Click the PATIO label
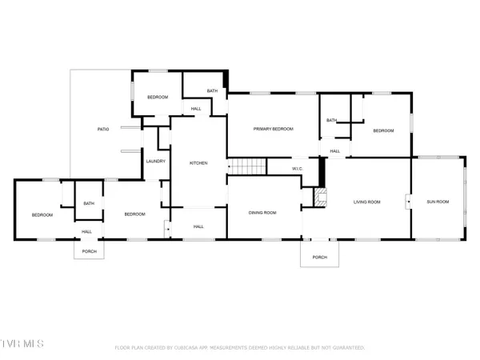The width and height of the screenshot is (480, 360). (x=103, y=130)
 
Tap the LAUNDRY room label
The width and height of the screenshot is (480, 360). (x=156, y=162)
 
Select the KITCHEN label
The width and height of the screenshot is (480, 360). (x=198, y=163)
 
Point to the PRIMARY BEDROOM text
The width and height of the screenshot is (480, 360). (x=274, y=129)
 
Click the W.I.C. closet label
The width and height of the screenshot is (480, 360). (x=296, y=169)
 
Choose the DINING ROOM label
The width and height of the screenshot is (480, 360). (x=262, y=213)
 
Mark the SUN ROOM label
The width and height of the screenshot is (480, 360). (x=438, y=202)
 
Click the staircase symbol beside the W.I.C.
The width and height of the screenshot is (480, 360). (x=248, y=166)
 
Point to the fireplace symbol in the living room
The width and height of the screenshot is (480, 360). (x=321, y=198)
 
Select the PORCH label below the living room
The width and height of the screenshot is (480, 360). (x=320, y=257)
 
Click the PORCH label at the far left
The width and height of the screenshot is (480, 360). (x=89, y=250)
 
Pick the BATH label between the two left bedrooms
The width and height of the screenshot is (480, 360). (x=88, y=203)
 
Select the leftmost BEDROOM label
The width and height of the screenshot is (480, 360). (x=42, y=214)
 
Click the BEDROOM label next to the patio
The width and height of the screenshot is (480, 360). (x=158, y=97)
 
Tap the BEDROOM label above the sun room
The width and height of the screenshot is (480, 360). (x=384, y=130)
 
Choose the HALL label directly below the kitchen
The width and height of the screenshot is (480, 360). (x=199, y=227)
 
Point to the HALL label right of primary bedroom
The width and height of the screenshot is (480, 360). (x=335, y=150)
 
